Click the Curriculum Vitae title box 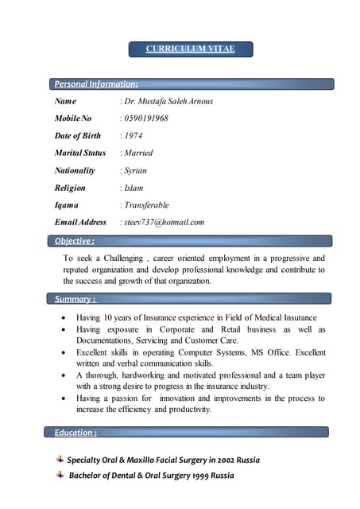click(x=191, y=49)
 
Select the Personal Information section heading click(x=95, y=84)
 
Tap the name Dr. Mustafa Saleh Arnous click(x=168, y=101)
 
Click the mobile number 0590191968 click(x=145, y=119)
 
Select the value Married click(x=137, y=153)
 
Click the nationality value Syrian click(x=136, y=170)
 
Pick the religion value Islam click(x=134, y=188)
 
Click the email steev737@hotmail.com click(x=164, y=222)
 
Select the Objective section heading click(x=74, y=240)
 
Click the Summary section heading click(x=75, y=299)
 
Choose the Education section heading click(x=75, y=432)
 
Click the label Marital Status click(x=79, y=153)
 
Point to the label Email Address click(x=80, y=222)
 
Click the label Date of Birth click(x=78, y=136)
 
